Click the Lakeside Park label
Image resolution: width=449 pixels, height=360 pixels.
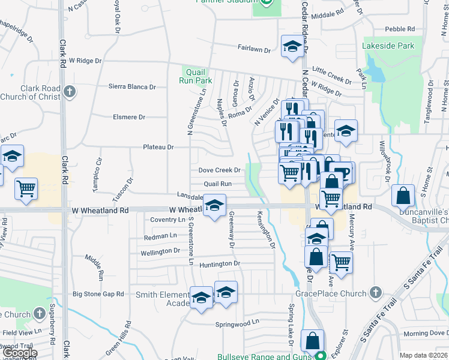tap(388, 46)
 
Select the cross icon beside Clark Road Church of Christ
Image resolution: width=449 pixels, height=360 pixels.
tap(70, 92)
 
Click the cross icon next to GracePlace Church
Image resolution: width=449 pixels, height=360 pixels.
tap(375, 293)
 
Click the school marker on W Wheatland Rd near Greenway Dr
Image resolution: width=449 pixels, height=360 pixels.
tap(214, 205)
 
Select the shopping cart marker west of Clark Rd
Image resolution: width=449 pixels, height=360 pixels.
tap(26, 189)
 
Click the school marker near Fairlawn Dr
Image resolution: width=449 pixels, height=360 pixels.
tap(292, 47)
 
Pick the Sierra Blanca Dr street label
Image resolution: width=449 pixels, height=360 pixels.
tap(132, 86)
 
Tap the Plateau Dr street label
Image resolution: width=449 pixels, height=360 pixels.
tap(158, 147)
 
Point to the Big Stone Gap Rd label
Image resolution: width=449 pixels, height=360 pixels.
tap(98, 294)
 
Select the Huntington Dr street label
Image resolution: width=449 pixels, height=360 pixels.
tap(220, 263)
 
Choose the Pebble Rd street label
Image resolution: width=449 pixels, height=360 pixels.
tap(400, 29)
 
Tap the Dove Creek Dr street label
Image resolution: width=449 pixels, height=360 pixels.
tap(220, 170)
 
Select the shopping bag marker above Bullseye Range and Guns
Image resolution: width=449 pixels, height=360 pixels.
tap(313, 341)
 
